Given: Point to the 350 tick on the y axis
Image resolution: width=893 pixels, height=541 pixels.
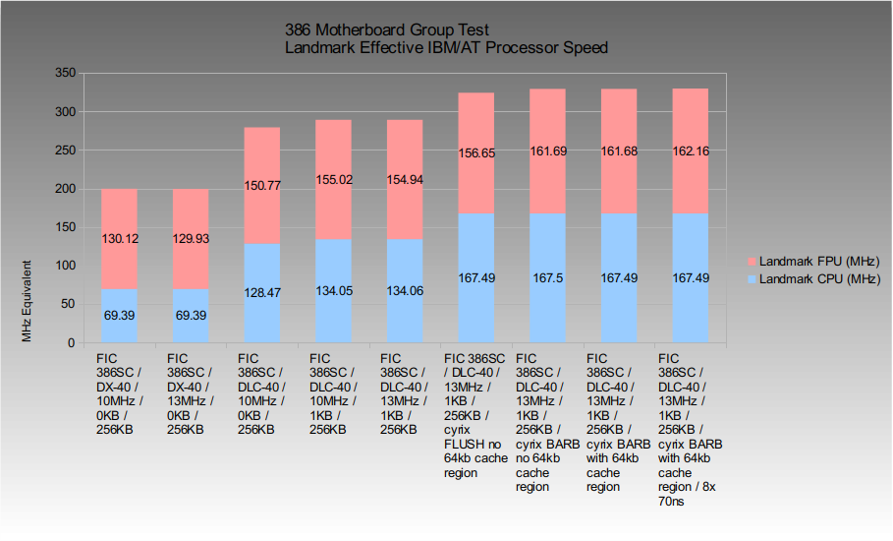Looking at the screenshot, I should [x=64, y=73].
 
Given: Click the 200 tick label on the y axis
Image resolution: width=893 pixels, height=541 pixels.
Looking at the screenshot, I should [x=64, y=189].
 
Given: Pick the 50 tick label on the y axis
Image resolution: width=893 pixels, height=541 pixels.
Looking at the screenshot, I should [x=67, y=305].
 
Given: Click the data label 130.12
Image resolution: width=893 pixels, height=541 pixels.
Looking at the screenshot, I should [x=119, y=238].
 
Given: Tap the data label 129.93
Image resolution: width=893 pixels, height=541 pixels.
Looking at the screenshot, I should [x=191, y=238].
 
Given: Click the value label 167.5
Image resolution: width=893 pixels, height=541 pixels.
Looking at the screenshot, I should [x=547, y=277].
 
